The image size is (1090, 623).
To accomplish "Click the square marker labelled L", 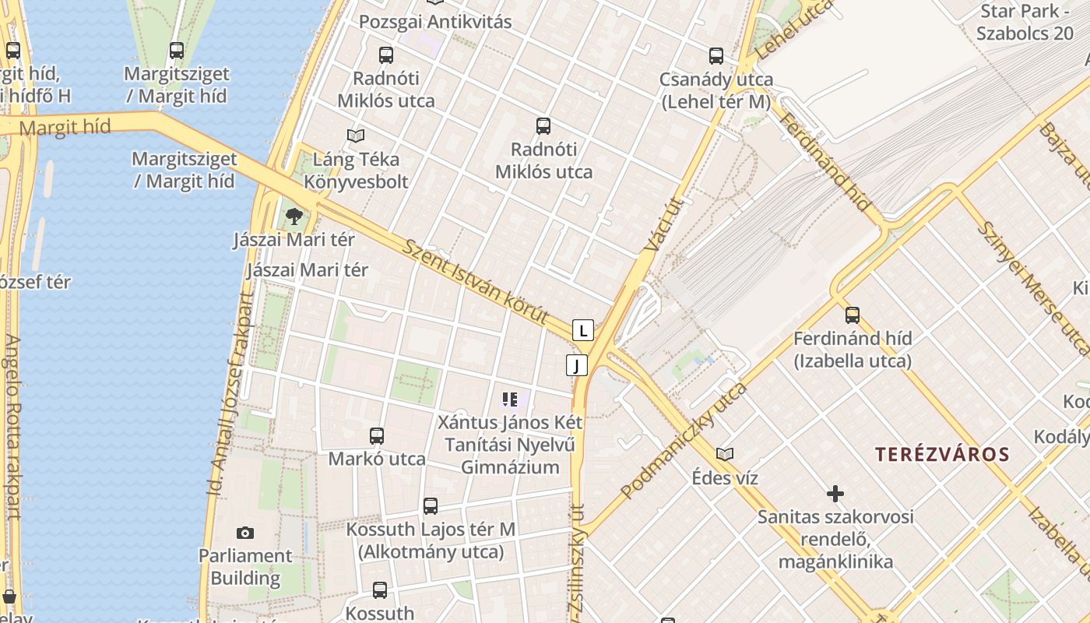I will (583, 330).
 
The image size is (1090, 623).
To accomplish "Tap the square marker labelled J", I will (577, 365).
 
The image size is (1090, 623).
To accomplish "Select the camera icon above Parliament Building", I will (245, 533).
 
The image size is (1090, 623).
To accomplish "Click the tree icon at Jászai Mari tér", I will (294, 216).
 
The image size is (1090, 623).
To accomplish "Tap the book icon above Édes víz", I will (725, 454).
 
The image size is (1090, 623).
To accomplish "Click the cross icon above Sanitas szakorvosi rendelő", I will (835, 493).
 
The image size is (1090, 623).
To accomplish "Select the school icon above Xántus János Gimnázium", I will (510, 399).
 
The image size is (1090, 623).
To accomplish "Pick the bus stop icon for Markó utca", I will (377, 436).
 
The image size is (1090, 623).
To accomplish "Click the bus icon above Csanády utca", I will (716, 56).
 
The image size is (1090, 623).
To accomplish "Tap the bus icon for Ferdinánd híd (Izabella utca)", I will (853, 315).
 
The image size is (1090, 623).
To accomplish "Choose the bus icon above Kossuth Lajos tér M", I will (431, 506).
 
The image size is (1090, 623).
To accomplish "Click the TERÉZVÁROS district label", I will (942, 455).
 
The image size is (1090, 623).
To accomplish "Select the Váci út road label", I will (663, 226).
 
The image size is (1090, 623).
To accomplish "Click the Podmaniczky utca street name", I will (684, 441).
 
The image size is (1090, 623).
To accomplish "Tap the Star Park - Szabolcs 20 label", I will (1025, 23).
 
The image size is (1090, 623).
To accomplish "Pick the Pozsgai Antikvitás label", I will (435, 22).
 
